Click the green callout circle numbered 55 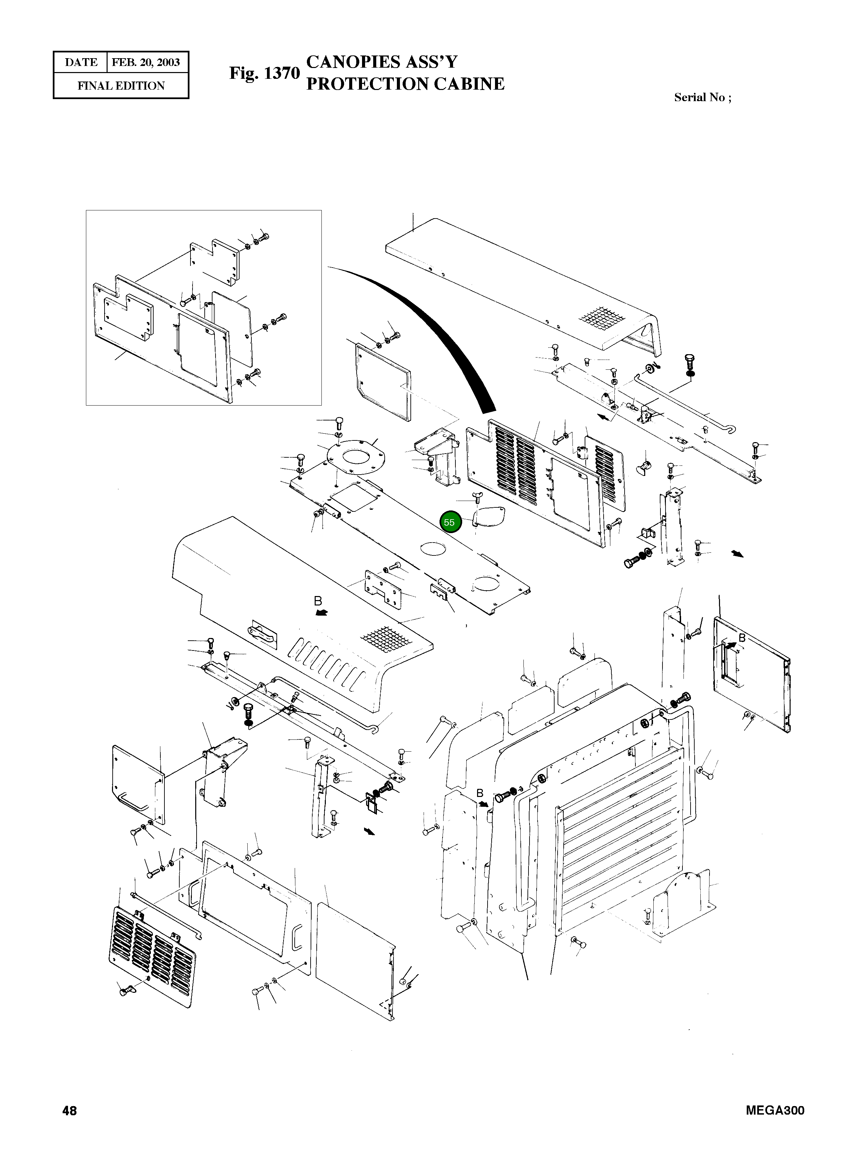coord(449,522)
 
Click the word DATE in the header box coord(81,63)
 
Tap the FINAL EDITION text coord(121,86)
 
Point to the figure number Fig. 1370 coord(265,73)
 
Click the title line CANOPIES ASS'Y coord(382,62)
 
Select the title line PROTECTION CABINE coord(405,84)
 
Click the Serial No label coord(702,97)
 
